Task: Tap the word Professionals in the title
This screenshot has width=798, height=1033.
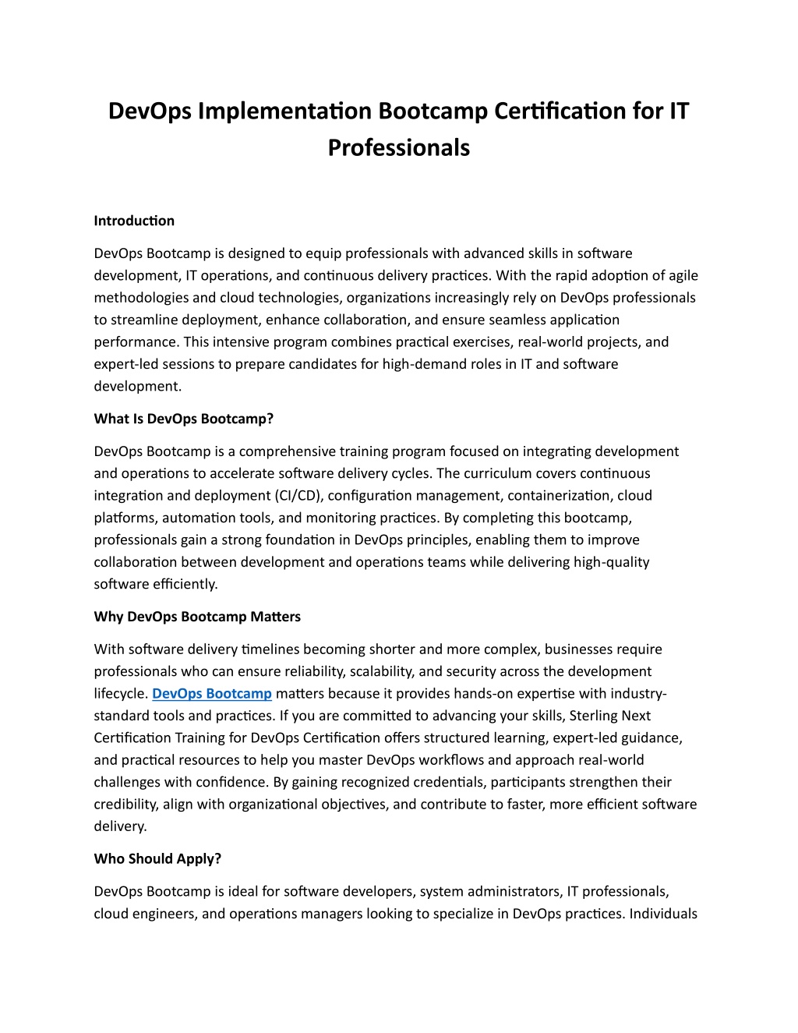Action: tap(398, 147)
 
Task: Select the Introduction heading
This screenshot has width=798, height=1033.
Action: tap(134, 221)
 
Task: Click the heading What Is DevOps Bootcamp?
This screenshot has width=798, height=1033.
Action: tap(183, 419)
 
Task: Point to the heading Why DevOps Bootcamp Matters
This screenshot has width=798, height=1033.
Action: tap(197, 617)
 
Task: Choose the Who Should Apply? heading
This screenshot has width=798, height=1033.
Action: tap(157, 858)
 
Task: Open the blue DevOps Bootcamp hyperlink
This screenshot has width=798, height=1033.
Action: tap(212, 693)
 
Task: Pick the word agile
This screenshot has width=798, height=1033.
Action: tap(680, 275)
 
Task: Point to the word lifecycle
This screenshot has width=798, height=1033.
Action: tap(120, 693)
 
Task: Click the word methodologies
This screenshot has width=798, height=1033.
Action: tap(141, 297)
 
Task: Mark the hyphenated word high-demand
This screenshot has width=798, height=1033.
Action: tap(422, 363)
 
